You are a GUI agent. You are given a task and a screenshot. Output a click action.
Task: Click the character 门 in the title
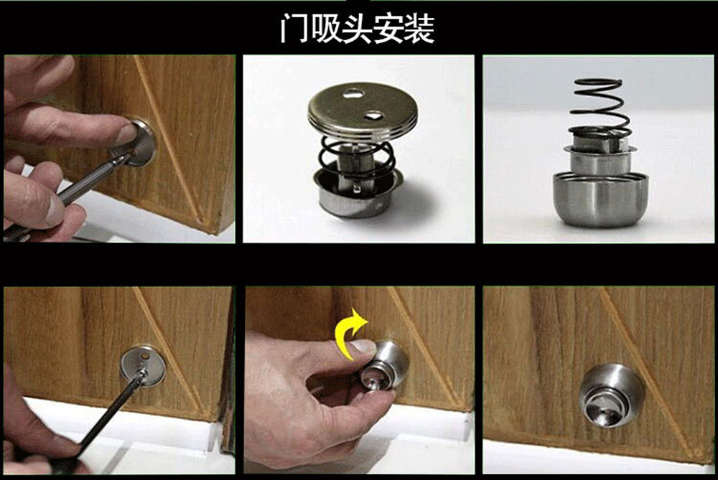tap(293, 29)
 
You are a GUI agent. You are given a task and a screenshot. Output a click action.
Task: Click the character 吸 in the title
tap(331, 29)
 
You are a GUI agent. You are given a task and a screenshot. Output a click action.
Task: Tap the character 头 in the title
tap(371, 29)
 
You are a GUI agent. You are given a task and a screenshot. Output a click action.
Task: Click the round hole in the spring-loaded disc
tap(352, 93)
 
